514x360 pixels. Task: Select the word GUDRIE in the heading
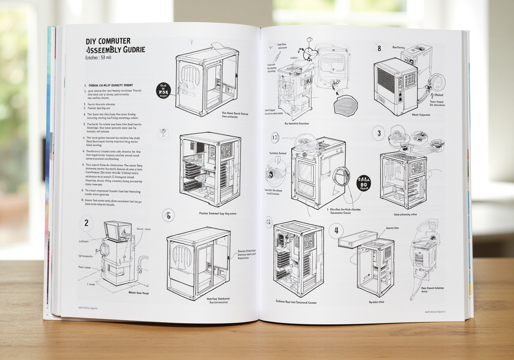(x=131, y=49)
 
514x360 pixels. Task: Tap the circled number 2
(x=86, y=223)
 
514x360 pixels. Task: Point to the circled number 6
(x=168, y=216)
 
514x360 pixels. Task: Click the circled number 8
(x=379, y=49)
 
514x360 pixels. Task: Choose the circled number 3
(x=378, y=133)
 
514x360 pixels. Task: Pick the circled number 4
(x=336, y=231)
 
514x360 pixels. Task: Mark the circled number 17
(x=275, y=138)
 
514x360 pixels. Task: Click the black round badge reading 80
(x=364, y=183)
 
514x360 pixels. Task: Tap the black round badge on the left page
(x=163, y=91)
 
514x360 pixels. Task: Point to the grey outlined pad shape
(x=345, y=104)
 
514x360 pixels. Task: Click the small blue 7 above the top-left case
(x=191, y=42)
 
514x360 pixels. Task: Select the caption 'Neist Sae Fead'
(x=139, y=293)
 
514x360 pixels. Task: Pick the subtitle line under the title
(x=98, y=57)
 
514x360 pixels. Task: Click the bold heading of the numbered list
(x=110, y=86)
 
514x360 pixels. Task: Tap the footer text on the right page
(x=435, y=311)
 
